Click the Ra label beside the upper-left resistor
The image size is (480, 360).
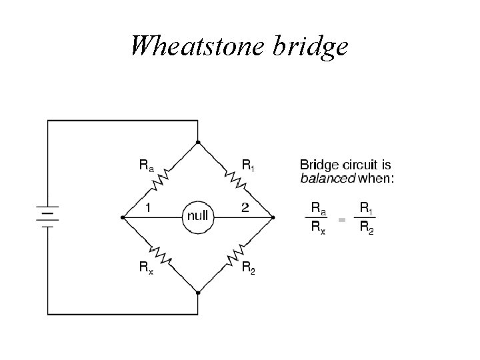[146, 165]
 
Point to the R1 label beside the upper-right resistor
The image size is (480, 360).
[247, 165]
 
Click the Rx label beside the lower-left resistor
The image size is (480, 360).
[146, 268]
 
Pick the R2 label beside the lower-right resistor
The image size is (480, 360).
[247, 268]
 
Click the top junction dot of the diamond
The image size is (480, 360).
[198, 142]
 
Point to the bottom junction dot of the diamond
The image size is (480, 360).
[198, 292]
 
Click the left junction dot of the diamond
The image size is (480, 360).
[123, 217]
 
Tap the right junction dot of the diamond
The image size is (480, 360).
[273, 217]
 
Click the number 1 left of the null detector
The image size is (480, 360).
[147, 207]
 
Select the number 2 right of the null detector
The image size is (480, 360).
[245, 207]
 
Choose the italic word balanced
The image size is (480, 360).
[328, 178]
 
